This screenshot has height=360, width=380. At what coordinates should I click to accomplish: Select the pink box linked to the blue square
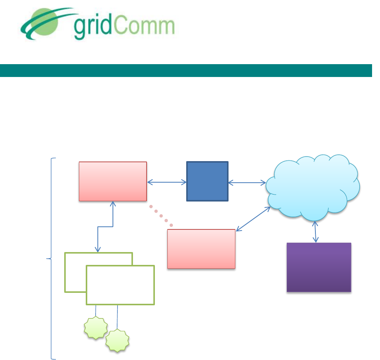[x=113, y=182]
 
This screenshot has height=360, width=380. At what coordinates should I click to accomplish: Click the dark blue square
[x=207, y=182]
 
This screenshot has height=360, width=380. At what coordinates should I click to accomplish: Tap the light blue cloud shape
[x=313, y=188]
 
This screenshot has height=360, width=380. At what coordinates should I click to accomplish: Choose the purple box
[x=319, y=267]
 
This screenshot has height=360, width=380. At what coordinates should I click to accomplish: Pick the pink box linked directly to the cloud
[x=201, y=249]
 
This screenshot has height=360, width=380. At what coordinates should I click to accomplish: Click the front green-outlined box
[x=120, y=285]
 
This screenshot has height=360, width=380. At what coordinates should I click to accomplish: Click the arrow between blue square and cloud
[x=247, y=183]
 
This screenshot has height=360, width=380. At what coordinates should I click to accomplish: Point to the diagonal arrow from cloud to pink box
[x=253, y=218]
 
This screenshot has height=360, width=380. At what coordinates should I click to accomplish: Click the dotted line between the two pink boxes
[x=161, y=216]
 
